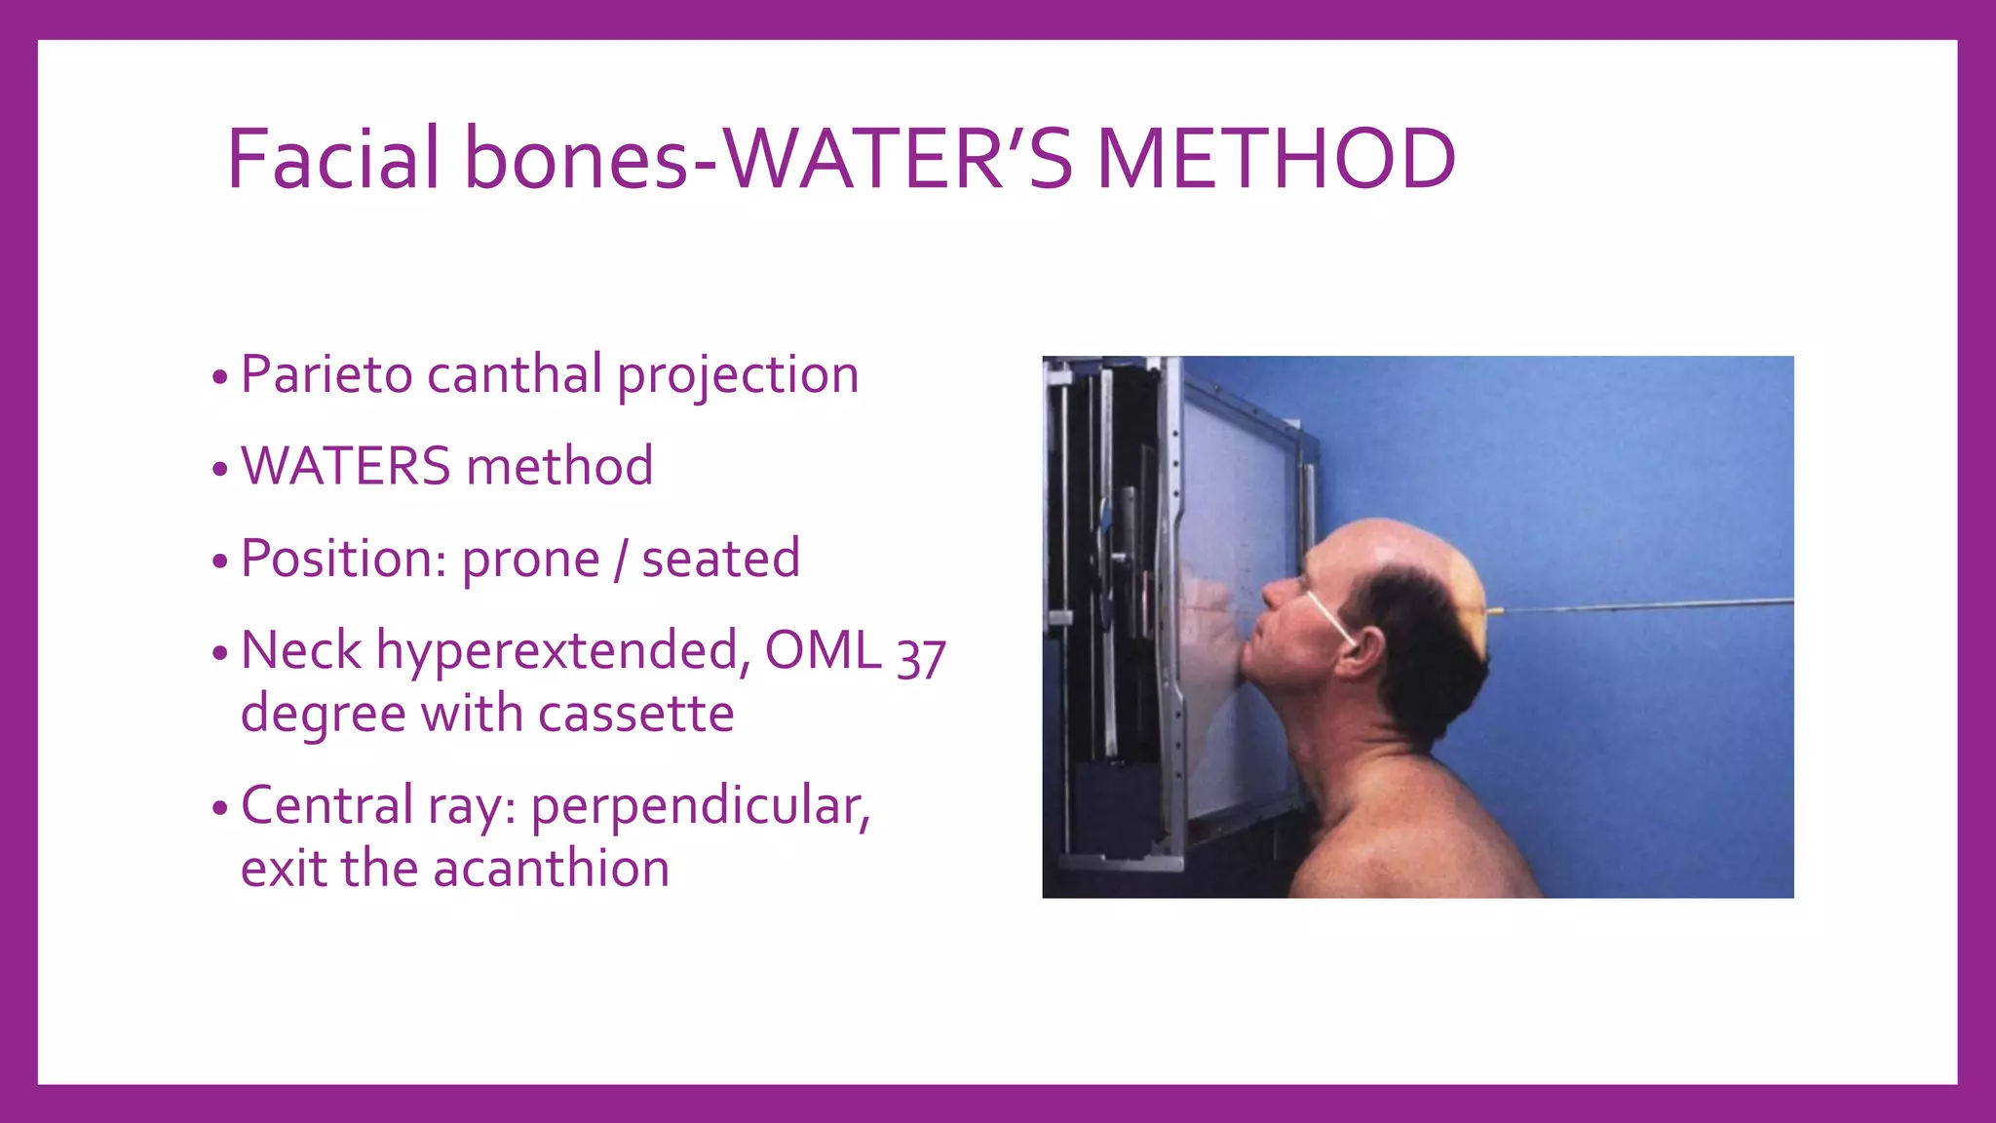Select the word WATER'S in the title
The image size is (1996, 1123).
coord(897,159)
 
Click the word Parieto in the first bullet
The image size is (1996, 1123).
coord(326,374)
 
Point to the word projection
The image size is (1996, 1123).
coord(738,376)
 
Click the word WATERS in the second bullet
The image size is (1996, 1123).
coord(345,466)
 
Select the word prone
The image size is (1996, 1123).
coord(530,560)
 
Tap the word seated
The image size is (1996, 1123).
coord(720,559)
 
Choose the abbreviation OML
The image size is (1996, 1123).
coord(823,650)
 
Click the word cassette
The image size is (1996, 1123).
coord(635,714)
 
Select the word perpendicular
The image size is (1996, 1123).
coord(700,807)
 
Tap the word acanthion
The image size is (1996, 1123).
coord(551,869)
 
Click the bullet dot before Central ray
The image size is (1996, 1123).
coord(219,808)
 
